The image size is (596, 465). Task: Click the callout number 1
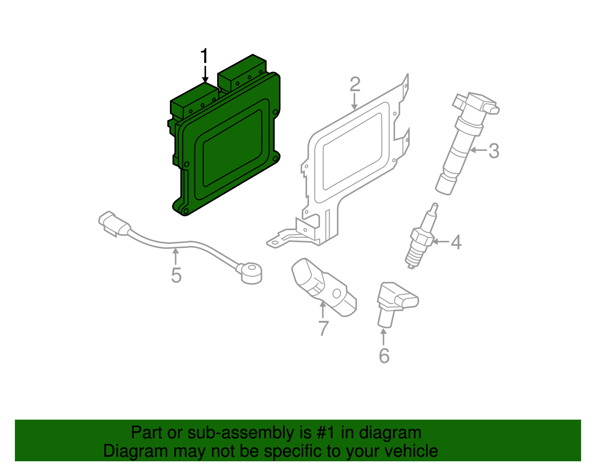tap(204, 57)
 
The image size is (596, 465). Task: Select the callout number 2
tap(355, 85)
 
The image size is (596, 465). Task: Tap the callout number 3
tap(494, 151)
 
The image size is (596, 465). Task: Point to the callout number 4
tap(456, 242)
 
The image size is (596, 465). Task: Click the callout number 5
tap(176, 276)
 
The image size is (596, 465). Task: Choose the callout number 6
tap(384, 356)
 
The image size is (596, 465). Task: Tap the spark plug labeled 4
tap(421, 238)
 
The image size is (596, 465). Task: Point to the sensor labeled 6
tap(395, 302)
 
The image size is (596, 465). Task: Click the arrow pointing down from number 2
tap(355, 101)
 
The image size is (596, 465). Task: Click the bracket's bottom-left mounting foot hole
tap(275, 243)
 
